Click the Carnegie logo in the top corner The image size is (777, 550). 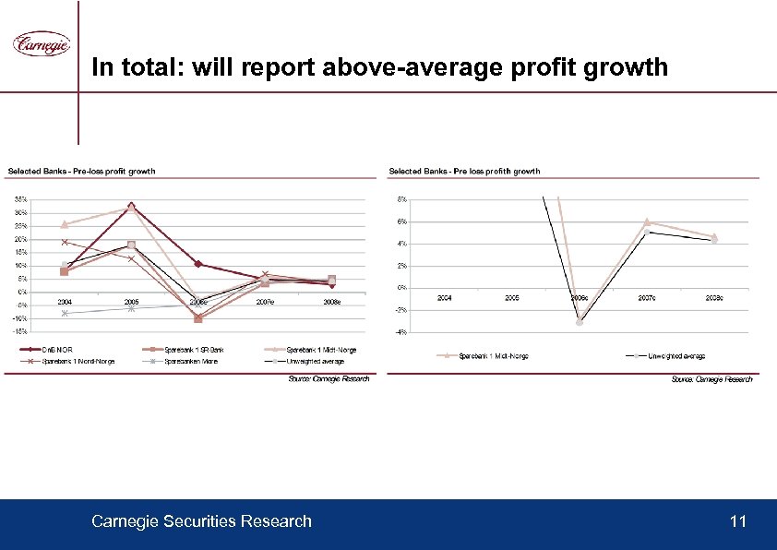coord(41,43)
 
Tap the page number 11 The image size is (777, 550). coord(736,522)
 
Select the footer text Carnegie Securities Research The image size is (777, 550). coord(201,522)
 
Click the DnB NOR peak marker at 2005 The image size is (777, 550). coord(132,205)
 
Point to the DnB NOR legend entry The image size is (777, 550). coord(54,350)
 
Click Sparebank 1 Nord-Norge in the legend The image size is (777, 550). coord(74,361)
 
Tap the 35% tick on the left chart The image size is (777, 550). coord(20,198)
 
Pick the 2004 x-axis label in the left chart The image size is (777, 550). coord(65,302)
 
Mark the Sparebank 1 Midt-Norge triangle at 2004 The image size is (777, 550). coord(64,224)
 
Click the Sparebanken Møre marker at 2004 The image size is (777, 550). coord(64,314)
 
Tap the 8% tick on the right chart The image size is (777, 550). coord(401,198)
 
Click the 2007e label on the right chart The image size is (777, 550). coord(647,298)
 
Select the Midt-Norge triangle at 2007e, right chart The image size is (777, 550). coord(647,221)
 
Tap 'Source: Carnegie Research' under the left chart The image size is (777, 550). coord(329,378)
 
